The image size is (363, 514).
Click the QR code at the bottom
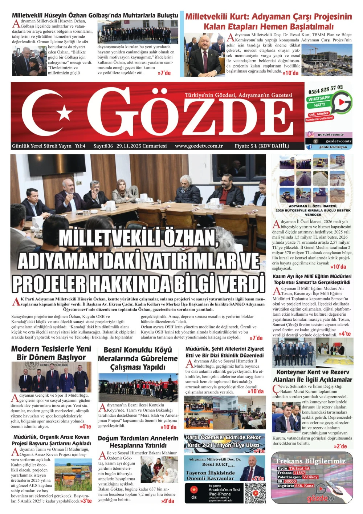click(256, 493)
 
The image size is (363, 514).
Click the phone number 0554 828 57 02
click(326, 89)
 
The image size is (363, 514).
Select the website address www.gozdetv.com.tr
click(199, 146)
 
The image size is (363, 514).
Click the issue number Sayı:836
click(103, 146)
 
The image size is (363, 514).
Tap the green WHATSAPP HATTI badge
click(319, 101)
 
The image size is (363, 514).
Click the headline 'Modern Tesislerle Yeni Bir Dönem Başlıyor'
click(51, 353)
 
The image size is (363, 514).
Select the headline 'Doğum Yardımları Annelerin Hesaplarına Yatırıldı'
click(138, 442)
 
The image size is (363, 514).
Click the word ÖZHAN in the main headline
click(191, 238)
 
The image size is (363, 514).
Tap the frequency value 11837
click(300, 473)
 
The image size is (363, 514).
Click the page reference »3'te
click(86, 501)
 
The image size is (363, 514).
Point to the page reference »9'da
click(168, 501)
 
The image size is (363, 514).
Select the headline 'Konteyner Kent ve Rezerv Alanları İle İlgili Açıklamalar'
click(313, 376)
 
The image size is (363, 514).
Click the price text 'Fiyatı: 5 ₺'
click(246, 146)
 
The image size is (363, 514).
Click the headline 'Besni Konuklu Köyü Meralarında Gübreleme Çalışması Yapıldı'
click(138, 359)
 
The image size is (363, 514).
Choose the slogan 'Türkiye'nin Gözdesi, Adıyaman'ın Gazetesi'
click(238, 95)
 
